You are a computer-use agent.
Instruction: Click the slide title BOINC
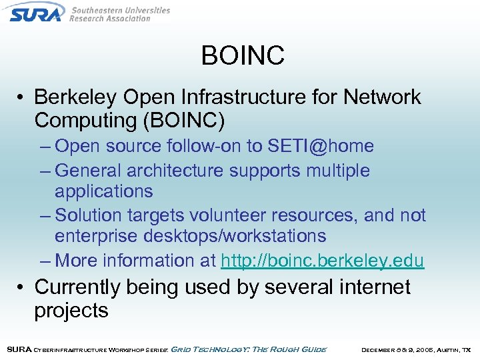click(x=243, y=55)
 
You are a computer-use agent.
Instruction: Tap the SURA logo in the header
click(x=37, y=12)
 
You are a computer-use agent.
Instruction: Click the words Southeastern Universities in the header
click(x=120, y=10)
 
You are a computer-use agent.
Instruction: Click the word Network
click(x=382, y=97)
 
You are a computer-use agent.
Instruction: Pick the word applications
click(x=103, y=191)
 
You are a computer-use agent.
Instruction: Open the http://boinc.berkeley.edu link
click(x=322, y=261)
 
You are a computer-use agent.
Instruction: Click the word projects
click(x=71, y=311)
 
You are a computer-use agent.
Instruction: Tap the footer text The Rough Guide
click(x=293, y=349)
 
